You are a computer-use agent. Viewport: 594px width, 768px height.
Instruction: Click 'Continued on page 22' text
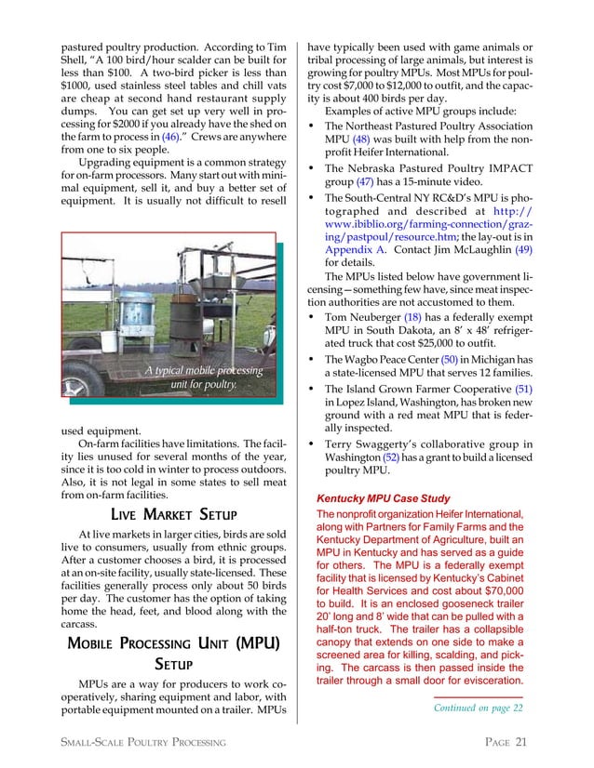[x=478, y=708]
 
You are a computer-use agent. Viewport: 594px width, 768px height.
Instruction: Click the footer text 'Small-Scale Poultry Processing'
[x=144, y=741]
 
